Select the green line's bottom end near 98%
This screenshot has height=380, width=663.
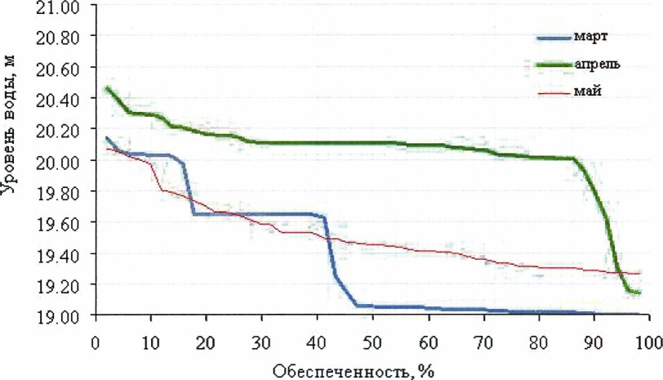click(x=638, y=292)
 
